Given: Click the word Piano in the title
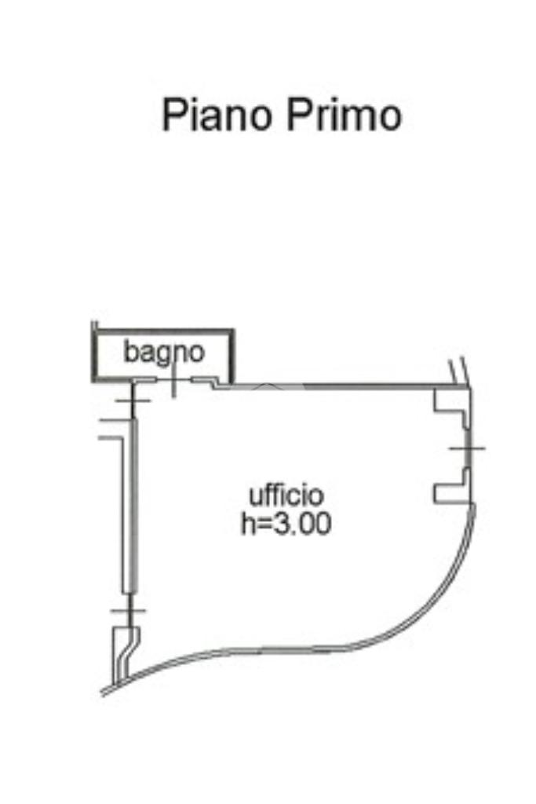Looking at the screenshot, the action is click(x=216, y=115).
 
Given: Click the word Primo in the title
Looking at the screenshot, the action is click(x=344, y=115).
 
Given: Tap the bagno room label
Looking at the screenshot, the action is click(x=163, y=353).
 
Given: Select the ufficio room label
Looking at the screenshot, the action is click(x=286, y=496).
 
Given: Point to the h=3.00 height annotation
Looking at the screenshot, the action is click(x=286, y=524).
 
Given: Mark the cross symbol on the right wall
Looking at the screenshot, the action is click(x=467, y=448).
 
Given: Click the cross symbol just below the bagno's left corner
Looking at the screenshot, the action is click(x=133, y=400).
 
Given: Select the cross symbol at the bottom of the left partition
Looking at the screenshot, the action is click(x=129, y=610).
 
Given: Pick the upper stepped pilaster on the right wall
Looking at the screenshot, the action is click(x=452, y=407).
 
